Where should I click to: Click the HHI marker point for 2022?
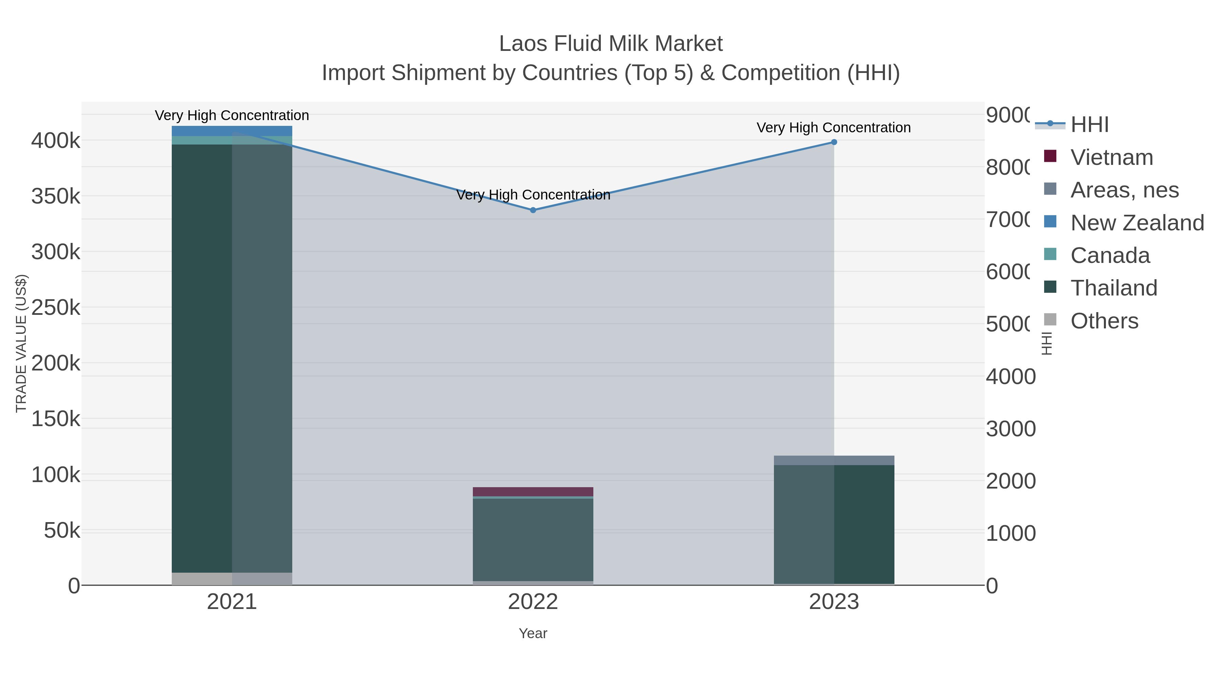click(x=533, y=210)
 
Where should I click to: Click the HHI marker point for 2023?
click(x=834, y=142)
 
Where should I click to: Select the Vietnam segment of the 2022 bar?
click(x=533, y=492)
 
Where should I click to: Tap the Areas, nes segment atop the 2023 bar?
click(x=834, y=460)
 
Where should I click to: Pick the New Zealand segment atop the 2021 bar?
click(x=232, y=131)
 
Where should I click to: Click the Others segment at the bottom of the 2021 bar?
click(x=232, y=579)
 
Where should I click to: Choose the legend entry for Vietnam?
click(x=1111, y=157)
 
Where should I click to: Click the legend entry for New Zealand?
click(x=1136, y=223)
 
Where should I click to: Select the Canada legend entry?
click(x=1110, y=255)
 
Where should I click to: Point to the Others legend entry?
click(x=1104, y=321)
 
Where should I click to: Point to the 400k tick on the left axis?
click(x=56, y=141)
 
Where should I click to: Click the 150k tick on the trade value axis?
click(x=56, y=419)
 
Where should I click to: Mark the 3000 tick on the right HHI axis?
click(x=1011, y=429)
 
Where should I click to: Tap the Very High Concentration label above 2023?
click(x=833, y=128)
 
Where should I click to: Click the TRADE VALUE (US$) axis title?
click(x=21, y=343)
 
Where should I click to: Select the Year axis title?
click(x=533, y=633)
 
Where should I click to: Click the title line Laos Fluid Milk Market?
click(x=611, y=44)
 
